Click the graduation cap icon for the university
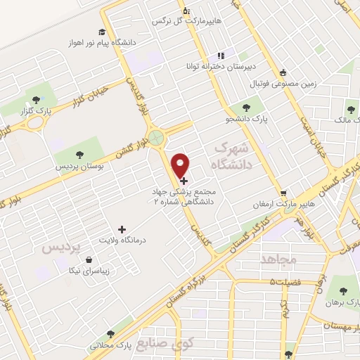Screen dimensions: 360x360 tap(102, 32)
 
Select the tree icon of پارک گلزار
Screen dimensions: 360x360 tap(37, 99)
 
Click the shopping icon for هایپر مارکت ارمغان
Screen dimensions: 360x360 tap(283, 193)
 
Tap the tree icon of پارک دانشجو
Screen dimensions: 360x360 tap(246, 108)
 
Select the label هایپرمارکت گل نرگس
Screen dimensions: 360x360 tap(187, 21)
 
